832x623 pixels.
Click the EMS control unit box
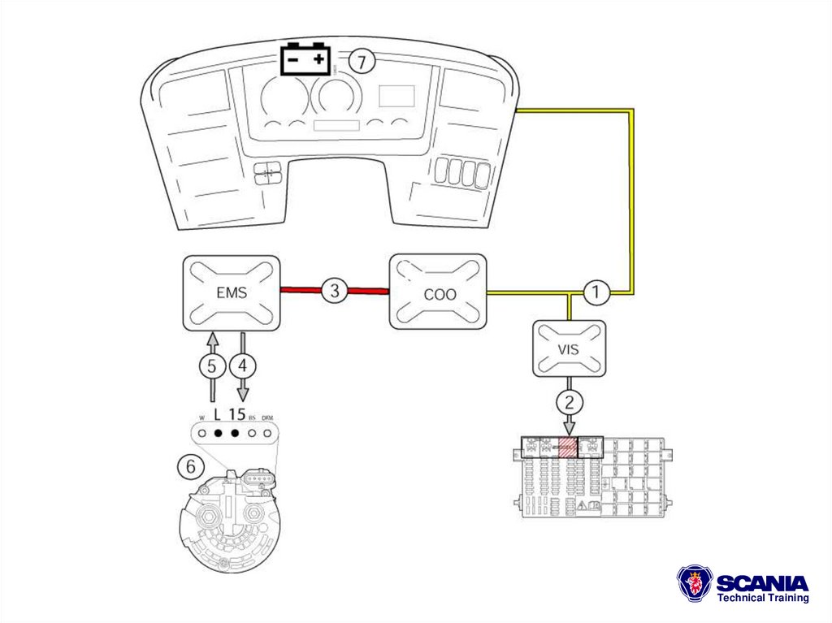tap(230, 292)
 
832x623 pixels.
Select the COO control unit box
tap(439, 292)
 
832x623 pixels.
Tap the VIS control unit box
tap(569, 348)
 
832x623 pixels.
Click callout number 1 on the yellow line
tap(597, 292)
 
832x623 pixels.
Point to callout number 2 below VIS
tap(569, 400)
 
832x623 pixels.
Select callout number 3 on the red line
tap(334, 290)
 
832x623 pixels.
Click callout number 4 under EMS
tap(242, 366)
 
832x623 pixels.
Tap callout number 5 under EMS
tap(211, 366)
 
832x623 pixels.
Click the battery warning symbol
tap(305, 59)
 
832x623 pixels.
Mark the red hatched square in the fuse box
tap(566, 446)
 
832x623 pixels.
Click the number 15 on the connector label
tap(237, 413)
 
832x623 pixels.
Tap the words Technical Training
tap(763, 599)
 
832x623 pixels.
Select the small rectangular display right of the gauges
tap(396, 97)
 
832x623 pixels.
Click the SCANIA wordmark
tap(763, 582)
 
